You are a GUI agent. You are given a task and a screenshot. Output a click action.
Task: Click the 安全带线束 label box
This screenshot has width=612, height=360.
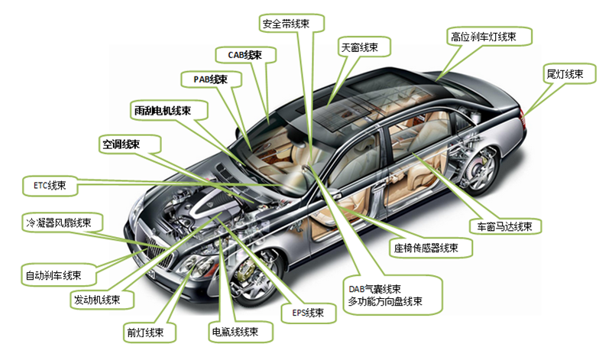[x=292, y=24]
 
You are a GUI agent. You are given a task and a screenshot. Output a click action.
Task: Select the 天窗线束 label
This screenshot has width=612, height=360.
[x=364, y=47]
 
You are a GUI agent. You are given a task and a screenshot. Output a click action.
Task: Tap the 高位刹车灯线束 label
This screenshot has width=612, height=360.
[x=489, y=37]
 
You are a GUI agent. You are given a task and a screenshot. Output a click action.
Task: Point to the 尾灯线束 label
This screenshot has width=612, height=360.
[x=569, y=74]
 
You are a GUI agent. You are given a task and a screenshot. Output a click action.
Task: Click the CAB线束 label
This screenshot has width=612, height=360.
[x=246, y=55]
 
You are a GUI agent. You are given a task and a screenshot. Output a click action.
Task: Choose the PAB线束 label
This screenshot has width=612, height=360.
[x=211, y=79]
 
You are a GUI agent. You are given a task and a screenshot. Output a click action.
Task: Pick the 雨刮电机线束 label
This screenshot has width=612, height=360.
[x=169, y=111]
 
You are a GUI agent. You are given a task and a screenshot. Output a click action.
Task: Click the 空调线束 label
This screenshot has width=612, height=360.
[x=130, y=144]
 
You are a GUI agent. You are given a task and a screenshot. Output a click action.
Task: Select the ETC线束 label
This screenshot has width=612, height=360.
[x=50, y=186]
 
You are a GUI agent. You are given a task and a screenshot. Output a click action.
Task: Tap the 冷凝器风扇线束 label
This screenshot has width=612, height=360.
[x=62, y=223]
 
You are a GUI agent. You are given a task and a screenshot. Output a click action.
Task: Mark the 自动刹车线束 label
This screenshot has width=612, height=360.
[x=59, y=275]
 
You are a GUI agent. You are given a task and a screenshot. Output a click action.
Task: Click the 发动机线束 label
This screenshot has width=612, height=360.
[x=102, y=300]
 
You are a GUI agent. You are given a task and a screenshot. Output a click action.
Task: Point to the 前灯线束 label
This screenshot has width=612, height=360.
[x=150, y=332]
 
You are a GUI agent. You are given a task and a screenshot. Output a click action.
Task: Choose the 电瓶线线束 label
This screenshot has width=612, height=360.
[x=241, y=332]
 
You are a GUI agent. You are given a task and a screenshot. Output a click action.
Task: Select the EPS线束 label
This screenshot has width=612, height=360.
[x=309, y=313]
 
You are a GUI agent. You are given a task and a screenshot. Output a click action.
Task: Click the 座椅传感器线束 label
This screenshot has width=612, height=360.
[x=431, y=248]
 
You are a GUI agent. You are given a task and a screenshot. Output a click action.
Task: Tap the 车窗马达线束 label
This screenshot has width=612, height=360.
[x=505, y=226]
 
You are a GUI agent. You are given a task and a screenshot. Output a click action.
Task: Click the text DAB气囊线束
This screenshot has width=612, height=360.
[x=374, y=290]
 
